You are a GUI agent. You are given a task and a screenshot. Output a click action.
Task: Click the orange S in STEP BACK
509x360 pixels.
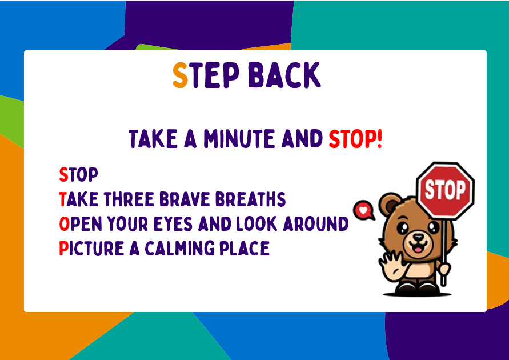click(x=180, y=75)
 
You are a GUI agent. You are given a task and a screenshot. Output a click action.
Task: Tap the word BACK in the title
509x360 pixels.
click(x=284, y=75)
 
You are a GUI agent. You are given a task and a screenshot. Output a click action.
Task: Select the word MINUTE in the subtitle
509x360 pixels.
click(x=239, y=139)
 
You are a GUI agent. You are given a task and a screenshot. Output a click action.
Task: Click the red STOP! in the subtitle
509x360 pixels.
click(x=355, y=139)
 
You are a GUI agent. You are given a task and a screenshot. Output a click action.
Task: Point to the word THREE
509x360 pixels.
click(x=129, y=199)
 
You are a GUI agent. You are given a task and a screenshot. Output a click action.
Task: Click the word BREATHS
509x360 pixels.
click(x=251, y=199)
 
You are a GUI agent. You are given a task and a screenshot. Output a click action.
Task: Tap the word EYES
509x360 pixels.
click(x=173, y=223)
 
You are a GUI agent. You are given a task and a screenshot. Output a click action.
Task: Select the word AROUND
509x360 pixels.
click(x=316, y=223)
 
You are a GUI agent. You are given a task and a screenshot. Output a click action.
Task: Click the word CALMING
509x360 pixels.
click(x=179, y=249)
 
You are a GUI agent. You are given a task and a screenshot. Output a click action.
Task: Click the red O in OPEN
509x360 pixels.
click(x=65, y=223)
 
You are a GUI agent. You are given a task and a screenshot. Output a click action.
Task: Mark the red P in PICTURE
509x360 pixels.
click(x=64, y=249)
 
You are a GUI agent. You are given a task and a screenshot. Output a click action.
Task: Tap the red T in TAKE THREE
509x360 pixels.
click(x=63, y=199)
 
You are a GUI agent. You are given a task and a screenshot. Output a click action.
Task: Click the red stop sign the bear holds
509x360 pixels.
click(x=446, y=190)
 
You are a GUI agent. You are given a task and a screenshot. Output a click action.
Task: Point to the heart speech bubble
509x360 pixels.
click(x=363, y=210)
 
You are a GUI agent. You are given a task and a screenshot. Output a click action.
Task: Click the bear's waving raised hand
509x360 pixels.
click(x=391, y=265)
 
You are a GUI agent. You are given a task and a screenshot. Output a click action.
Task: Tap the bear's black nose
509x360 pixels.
click(x=418, y=237)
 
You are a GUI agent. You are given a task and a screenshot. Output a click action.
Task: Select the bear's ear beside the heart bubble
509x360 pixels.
click(x=390, y=204)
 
